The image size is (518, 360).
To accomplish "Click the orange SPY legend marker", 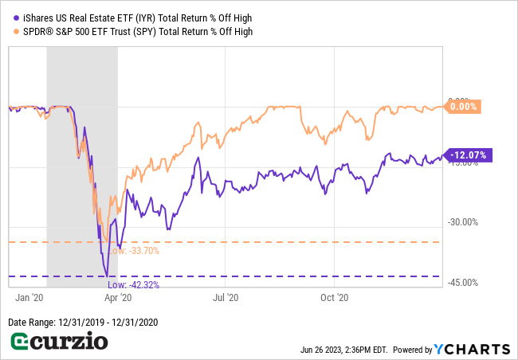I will click(14, 32).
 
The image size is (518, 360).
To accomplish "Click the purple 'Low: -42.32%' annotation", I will click(133, 285).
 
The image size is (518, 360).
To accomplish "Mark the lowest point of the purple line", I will click(107, 276).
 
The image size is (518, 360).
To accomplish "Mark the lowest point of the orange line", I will click(108, 241).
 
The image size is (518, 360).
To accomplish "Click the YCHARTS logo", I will click(472, 349).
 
